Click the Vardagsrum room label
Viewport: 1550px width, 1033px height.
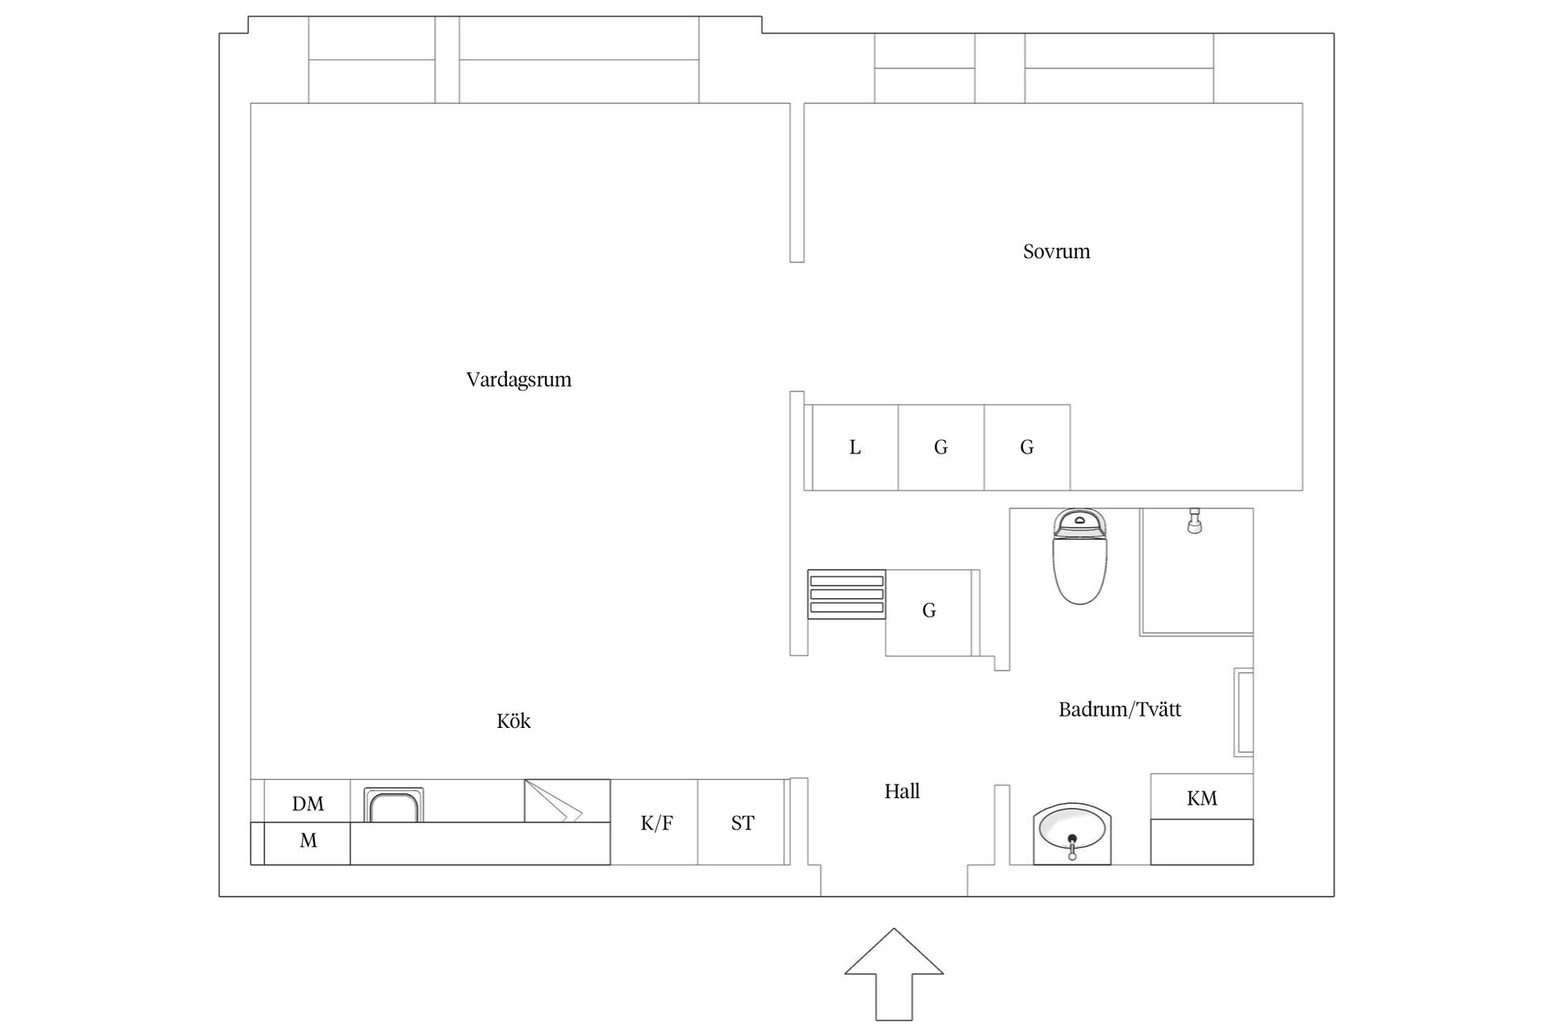[x=518, y=380]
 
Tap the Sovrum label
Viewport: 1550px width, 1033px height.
[x=1056, y=252]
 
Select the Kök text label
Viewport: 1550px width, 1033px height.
[x=513, y=721]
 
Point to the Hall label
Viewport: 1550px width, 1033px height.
[x=902, y=791]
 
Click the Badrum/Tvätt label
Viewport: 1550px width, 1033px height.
[x=1120, y=709]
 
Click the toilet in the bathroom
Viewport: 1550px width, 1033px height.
[x=1079, y=556]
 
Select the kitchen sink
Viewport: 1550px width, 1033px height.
[x=393, y=805]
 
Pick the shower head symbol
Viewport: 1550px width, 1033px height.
[x=1195, y=521]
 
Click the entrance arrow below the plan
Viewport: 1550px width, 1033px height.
[x=894, y=974]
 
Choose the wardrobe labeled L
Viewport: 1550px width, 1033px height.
[x=855, y=447]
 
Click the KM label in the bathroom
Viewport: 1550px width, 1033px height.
[x=1202, y=798]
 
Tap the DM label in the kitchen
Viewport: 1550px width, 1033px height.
[x=308, y=804]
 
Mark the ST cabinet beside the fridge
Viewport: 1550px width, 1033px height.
[x=741, y=822]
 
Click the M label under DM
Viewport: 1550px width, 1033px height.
[x=308, y=841]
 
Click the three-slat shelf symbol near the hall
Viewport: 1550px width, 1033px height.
[x=847, y=594]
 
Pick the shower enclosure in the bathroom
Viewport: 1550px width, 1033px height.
[x=1196, y=571]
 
